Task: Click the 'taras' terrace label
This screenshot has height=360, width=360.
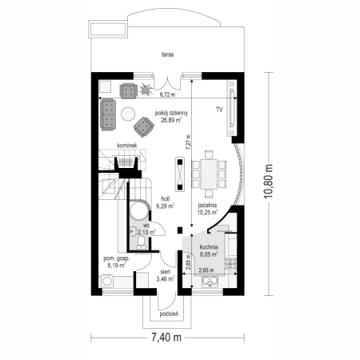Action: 168,54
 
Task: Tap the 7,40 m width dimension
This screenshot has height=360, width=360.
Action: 166,338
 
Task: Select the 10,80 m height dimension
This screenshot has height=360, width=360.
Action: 269,182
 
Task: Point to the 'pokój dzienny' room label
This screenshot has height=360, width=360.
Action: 171,113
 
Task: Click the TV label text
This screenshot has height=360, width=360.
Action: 219,110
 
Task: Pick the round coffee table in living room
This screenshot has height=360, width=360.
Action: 128,114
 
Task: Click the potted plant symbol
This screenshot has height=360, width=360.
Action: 146,89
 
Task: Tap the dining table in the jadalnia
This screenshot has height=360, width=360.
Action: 209,174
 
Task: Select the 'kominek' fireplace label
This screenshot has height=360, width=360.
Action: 127,146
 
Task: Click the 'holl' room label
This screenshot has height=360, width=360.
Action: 166,199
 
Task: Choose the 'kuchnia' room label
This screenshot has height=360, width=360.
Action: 209,247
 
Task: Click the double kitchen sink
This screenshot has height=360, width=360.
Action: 210,282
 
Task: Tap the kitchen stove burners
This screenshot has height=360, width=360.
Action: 230,263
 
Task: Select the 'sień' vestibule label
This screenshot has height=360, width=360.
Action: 166,272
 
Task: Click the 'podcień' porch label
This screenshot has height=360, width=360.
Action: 169,314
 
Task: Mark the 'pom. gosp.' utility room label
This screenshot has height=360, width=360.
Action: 117,258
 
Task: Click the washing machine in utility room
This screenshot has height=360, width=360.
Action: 107,282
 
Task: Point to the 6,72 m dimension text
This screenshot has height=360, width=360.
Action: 167,94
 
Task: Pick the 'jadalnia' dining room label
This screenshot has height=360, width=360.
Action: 207,206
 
